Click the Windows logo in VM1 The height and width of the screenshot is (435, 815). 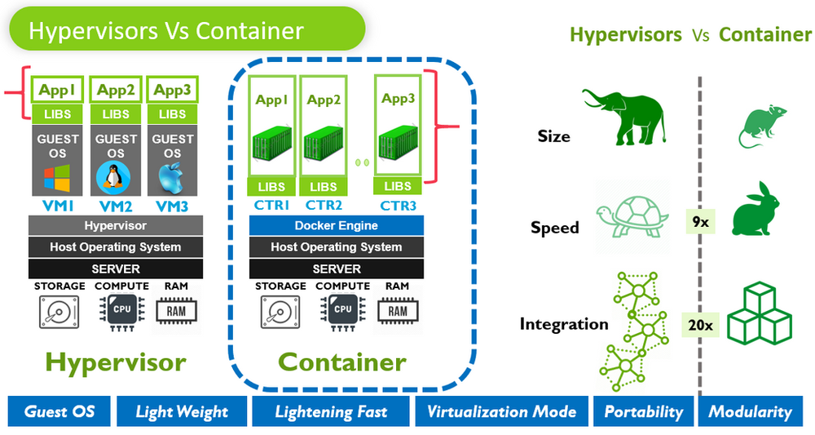tap(57, 179)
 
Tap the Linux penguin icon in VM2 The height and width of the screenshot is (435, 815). tap(116, 178)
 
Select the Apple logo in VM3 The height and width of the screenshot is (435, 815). tap(172, 178)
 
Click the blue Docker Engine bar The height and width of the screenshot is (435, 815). tap(336, 226)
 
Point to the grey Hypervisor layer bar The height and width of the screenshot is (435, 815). tap(116, 226)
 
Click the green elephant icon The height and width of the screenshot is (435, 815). tap(624, 114)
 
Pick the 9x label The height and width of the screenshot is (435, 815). tap(700, 220)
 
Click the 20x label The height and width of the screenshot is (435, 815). tap(700, 326)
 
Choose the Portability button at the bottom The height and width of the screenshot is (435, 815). tap(643, 412)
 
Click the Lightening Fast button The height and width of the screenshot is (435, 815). tap(330, 412)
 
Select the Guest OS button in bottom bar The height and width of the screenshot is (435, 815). tap(59, 412)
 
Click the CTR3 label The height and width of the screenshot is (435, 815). tap(398, 204)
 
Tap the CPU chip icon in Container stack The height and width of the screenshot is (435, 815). tap(342, 311)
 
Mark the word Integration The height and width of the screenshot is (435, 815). tap(564, 325)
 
